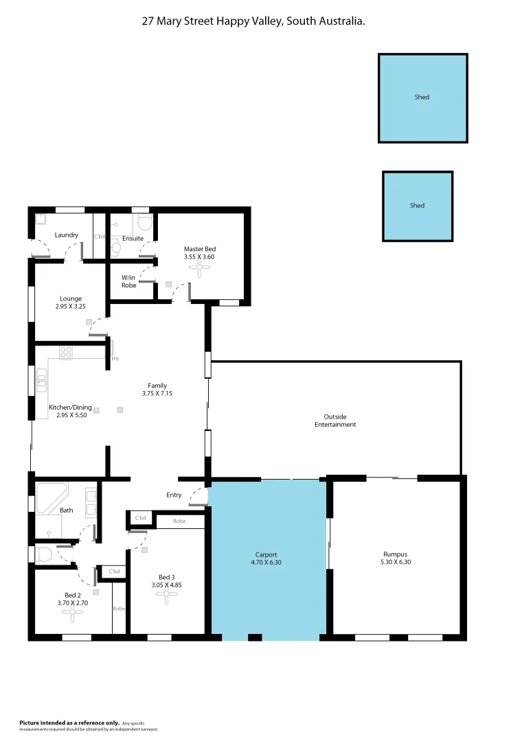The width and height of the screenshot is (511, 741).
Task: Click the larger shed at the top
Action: [422, 98]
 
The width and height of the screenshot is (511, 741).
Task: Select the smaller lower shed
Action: [418, 206]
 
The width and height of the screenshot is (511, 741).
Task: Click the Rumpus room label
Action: [395, 554]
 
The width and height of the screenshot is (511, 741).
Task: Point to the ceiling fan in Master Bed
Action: [200, 270]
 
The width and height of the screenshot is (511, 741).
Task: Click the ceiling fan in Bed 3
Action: [166, 597]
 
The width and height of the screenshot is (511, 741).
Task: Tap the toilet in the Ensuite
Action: [144, 222]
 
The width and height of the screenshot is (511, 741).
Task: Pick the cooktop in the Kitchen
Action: [66, 353]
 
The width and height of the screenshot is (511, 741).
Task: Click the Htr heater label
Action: [115, 358]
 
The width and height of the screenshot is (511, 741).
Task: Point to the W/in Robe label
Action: [128, 281]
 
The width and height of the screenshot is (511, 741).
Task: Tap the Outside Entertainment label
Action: [335, 421]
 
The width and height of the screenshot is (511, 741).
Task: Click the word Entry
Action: [174, 495]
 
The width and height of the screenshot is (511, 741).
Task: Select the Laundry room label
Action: [67, 235]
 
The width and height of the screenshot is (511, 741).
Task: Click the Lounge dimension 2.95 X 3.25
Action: [71, 306]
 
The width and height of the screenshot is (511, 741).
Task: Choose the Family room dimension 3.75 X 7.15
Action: [157, 393]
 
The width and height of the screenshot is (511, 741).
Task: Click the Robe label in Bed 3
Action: [179, 521]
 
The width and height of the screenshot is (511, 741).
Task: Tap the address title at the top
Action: [253, 21]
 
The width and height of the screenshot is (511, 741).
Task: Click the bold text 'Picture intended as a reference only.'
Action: [69, 722]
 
